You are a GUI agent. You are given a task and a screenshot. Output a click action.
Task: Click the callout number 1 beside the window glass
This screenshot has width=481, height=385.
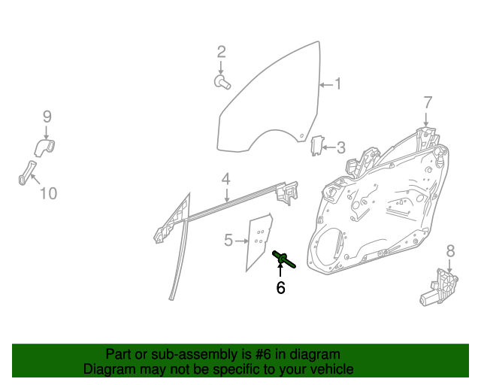point(337,83)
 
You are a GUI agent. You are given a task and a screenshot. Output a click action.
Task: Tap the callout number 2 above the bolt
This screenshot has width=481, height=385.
point(221,52)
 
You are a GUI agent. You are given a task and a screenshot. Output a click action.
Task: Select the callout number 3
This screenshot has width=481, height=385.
point(341,147)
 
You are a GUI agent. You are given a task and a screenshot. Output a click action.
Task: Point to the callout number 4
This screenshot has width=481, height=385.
point(225,179)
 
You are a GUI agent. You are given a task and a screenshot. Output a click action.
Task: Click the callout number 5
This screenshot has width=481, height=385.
point(228,240)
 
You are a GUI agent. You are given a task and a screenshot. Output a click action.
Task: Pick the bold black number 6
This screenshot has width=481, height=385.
point(280,288)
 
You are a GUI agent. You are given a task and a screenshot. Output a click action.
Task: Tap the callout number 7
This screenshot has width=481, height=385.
point(428,102)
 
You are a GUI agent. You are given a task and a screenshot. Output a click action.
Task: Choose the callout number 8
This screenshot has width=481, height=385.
point(450,251)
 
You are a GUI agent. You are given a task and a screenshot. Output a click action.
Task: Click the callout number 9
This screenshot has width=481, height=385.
point(47,117)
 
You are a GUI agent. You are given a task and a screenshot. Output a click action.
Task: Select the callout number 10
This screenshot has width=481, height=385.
point(48,193)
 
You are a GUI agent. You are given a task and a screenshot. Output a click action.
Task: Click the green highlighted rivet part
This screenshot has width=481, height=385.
point(283,259)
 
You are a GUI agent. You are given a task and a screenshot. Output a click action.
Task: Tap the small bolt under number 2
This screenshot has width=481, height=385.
point(222,82)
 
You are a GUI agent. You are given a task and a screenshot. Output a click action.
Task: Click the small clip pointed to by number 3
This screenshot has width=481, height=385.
point(317,146)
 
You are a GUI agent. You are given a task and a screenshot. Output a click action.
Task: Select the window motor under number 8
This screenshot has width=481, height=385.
point(439,287)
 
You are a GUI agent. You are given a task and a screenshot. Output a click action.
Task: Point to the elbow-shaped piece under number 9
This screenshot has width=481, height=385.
point(45,147)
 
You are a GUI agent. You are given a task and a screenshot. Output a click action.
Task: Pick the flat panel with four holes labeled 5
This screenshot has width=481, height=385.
point(259,241)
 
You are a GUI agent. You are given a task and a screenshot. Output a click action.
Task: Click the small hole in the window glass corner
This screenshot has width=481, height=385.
point(301,135)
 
